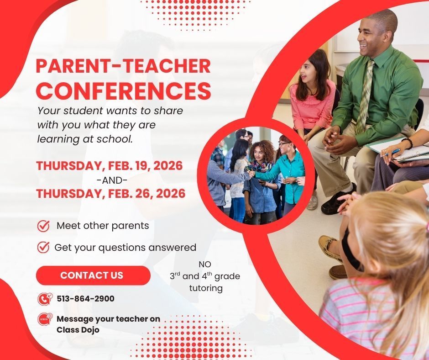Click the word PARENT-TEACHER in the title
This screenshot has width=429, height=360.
123,66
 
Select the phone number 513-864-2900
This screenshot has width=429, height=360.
85,299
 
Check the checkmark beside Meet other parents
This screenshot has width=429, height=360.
43,226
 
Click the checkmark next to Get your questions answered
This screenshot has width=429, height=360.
43,248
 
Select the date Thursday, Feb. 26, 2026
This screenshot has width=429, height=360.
111,194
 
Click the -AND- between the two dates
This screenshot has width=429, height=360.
112,180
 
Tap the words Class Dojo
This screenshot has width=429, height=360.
78,329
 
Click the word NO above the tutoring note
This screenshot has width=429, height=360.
205,265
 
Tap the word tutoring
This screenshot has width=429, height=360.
206,288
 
